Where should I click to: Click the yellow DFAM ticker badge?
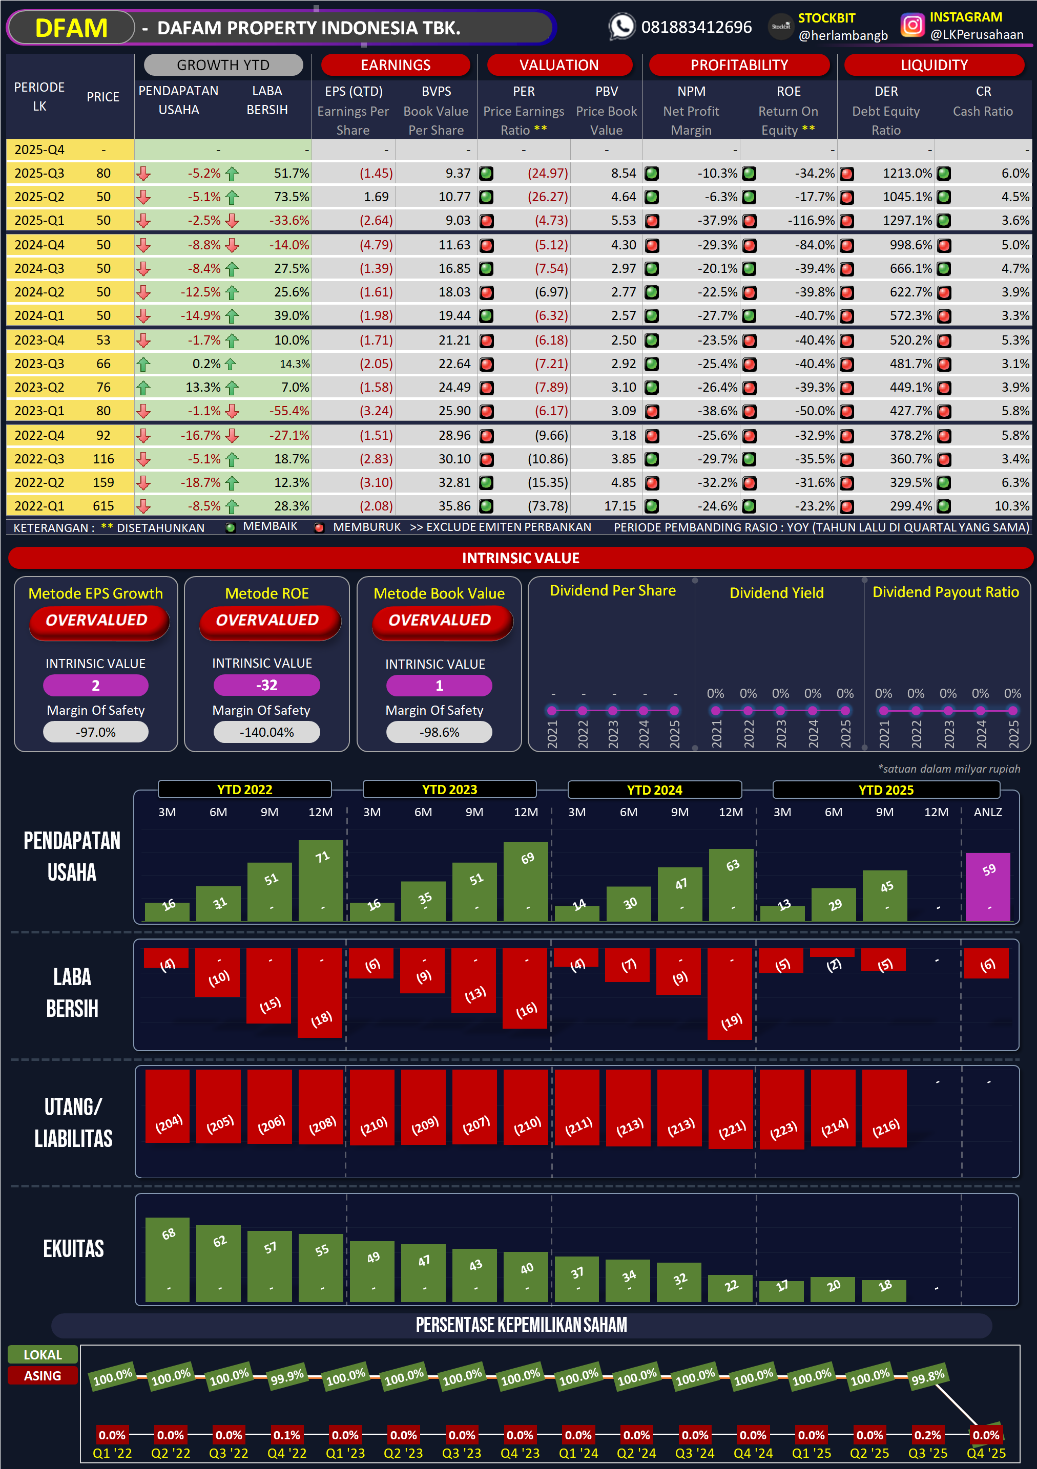point(71,28)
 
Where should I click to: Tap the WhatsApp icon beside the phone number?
point(621,27)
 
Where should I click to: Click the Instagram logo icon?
point(912,26)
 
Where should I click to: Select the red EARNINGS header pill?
point(395,65)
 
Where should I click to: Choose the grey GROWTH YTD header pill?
point(223,65)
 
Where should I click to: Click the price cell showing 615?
point(103,506)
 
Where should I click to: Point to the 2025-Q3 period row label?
point(39,174)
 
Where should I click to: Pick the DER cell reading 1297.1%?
point(906,221)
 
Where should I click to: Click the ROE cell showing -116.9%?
point(811,221)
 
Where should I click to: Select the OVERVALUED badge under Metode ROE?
point(267,621)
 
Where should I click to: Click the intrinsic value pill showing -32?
point(266,685)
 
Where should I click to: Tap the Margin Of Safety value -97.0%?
point(96,732)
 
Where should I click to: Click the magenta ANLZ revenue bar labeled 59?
point(988,887)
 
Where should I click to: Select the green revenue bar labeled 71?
point(321,880)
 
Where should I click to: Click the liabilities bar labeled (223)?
point(782,1110)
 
